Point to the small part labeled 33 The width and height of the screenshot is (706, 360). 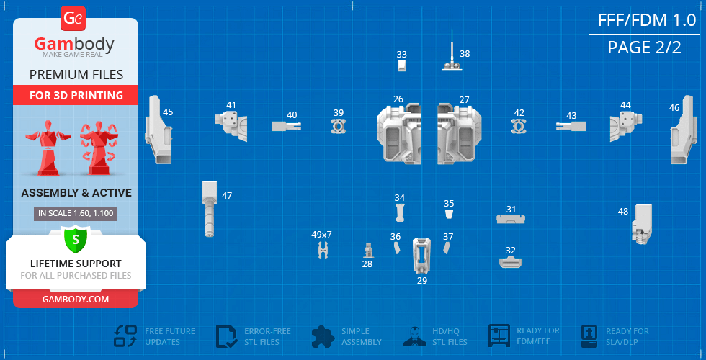[402, 66]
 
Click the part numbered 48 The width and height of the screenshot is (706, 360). [642, 223]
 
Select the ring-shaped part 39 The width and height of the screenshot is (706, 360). [339, 127]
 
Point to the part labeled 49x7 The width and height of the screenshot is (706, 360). [323, 251]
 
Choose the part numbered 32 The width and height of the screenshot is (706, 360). [511, 262]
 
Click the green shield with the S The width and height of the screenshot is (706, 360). [75, 238]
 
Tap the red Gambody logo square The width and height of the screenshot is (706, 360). [74, 18]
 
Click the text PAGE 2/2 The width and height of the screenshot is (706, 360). [643, 48]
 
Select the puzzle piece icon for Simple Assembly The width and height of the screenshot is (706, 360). [323, 336]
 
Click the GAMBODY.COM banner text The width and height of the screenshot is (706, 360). [75, 299]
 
